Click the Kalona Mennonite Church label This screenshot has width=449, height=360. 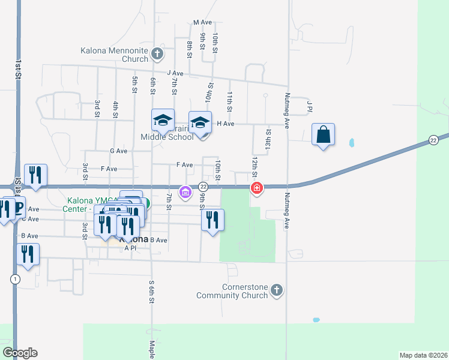[x=115, y=55]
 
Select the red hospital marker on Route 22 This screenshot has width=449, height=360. [x=257, y=188]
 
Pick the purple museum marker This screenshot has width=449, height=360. [x=185, y=192]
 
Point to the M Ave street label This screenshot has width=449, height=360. [x=203, y=22]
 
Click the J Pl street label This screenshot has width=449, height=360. [x=310, y=106]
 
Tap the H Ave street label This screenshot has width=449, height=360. [x=225, y=123]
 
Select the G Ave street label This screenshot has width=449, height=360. [x=119, y=151]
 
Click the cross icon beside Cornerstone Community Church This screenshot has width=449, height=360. [x=276, y=290]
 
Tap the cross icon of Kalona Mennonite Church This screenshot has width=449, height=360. [x=157, y=55]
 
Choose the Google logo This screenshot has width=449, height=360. [x=20, y=353]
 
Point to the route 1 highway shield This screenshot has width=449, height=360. [x=14, y=279]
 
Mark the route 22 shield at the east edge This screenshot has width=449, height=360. [x=433, y=140]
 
